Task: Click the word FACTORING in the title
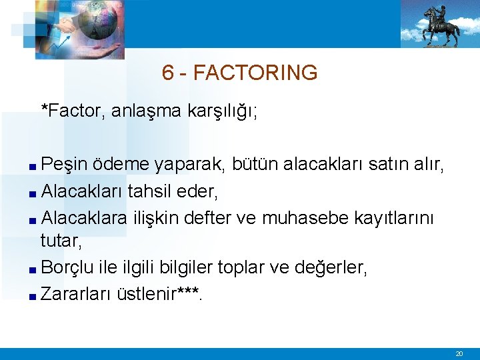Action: [x=255, y=73]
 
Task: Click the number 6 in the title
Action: [x=168, y=73]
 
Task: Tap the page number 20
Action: [x=459, y=354]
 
